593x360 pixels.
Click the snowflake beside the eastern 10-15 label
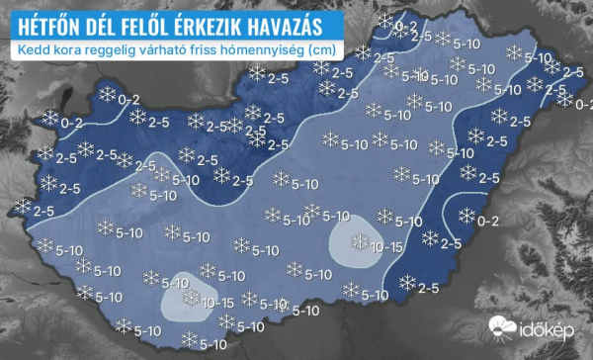pos(359,240)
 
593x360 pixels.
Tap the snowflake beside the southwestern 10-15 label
pos(192,298)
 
